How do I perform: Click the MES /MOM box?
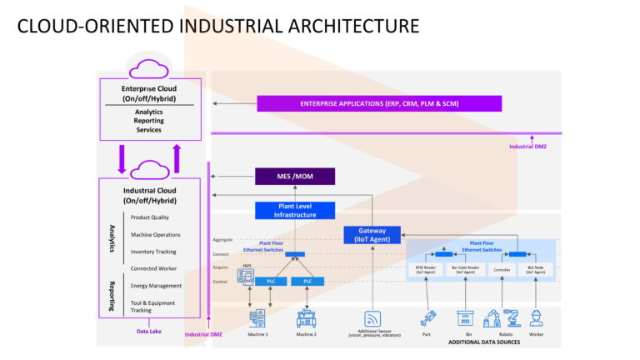coord(295,176)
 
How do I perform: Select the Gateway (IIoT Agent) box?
coord(372,235)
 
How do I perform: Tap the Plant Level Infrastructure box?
coord(295,211)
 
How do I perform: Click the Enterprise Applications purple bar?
coord(379,103)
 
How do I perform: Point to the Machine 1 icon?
coord(257,318)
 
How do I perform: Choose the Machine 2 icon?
coord(307,318)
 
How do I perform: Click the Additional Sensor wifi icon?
coord(372,318)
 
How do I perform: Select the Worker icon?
coord(536,317)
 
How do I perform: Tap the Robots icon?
coord(502,317)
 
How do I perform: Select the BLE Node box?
coord(535,270)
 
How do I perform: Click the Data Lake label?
coord(149,331)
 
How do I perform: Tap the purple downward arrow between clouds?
coord(122,158)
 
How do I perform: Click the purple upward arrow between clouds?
coord(177,157)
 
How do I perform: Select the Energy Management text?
coord(156,286)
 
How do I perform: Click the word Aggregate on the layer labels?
coord(222,240)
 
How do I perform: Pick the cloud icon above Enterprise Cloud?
coord(149,69)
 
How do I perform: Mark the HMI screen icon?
coord(247,277)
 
